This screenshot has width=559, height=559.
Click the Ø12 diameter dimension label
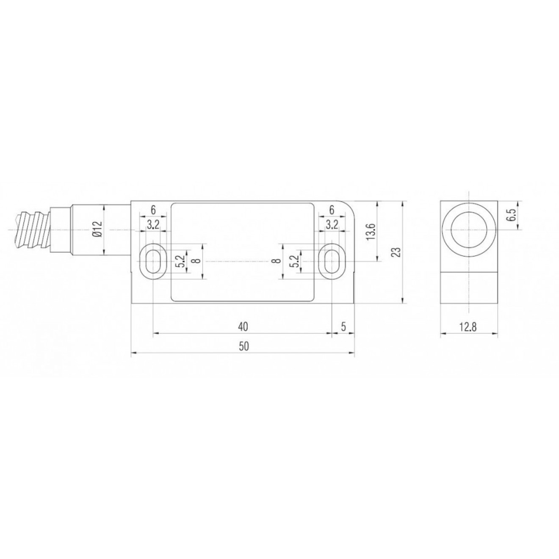tap(97, 230)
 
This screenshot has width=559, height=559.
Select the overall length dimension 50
tap(243, 346)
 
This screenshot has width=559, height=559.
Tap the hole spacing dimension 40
tap(243, 326)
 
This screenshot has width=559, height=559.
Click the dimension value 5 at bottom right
tap(343, 326)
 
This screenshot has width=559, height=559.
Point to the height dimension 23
tap(396, 252)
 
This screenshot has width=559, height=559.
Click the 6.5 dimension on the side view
tap(512, 215)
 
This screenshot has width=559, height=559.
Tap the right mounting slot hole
tap(332, 261)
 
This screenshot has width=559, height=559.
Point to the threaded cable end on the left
tap(32, 230)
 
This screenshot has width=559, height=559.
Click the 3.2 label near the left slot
tap(153, 225)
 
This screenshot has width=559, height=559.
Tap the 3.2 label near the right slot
tap(332, 225)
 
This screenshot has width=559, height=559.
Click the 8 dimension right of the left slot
tap(195, 261)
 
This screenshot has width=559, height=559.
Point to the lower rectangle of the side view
tap(469, 288)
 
